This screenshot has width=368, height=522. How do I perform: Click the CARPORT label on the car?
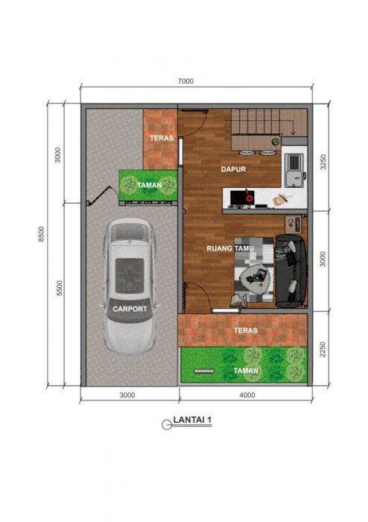[130, 309]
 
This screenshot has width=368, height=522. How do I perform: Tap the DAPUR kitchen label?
[233, 169]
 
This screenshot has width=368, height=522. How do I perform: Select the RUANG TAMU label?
[230, 248]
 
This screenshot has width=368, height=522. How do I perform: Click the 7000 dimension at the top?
[185, 81]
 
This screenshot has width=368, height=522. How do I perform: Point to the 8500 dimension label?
[41, 234]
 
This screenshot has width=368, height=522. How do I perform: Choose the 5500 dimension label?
[59, 289]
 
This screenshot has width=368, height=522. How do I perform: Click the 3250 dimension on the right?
[323, 162]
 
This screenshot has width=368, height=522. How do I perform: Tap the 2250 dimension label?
[323, 350]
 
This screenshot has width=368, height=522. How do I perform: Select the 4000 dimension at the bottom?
[247, 394]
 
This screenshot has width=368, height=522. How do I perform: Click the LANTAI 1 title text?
[192, 419]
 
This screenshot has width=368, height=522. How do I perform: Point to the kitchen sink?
[294, 170]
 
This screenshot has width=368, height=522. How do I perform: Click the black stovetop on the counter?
[242, 197]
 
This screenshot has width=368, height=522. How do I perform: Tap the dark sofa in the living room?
[291, 271]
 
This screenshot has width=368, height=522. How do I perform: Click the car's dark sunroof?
[130, 276]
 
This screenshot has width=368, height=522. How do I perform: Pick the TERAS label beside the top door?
[162, 138]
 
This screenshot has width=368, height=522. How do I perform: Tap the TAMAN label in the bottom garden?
[246, 371]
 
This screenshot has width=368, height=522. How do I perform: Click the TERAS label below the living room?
[246, 330]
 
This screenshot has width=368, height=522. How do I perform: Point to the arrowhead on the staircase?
[293, 133]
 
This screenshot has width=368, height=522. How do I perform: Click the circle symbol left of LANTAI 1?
[166, 425]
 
